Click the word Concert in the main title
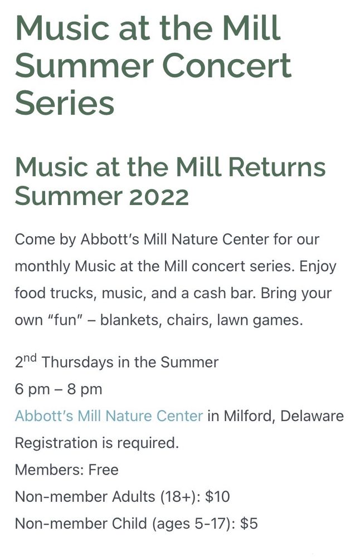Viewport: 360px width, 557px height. (227, 66)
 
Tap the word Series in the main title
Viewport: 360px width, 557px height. (64, 103)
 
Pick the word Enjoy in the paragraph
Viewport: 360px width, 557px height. (318, 266)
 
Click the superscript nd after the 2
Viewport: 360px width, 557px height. (30, 358)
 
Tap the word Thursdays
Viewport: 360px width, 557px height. (76, 363)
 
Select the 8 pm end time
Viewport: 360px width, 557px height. (84, 389)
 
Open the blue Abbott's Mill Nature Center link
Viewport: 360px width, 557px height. (109, 416)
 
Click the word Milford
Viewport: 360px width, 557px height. (249, 416)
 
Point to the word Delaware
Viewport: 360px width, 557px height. (312, 416)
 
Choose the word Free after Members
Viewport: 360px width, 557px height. (103, 470)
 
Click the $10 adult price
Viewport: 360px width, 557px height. (217, 497)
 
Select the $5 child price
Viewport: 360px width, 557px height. (249, 524)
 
